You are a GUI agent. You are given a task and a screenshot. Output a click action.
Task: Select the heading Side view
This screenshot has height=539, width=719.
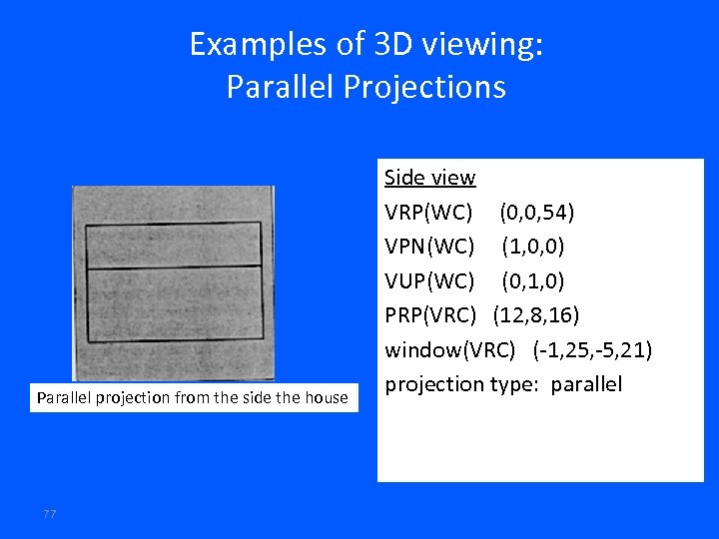point(429,178)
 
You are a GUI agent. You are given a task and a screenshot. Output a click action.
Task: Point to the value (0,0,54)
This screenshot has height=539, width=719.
point(537,213)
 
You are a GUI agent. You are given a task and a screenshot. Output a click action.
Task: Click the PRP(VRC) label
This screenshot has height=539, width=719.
point(432,315)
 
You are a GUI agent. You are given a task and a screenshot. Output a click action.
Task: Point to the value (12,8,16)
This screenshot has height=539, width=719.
point(536,315)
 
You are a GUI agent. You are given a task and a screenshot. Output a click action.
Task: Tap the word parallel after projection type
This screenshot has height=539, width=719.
point(586,384)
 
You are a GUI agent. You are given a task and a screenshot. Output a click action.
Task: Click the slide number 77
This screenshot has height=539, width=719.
point(49,513)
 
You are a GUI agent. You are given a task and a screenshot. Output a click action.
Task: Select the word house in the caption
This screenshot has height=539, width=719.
point(327,398)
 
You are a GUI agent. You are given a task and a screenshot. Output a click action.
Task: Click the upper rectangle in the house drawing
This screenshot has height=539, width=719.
point(174,246)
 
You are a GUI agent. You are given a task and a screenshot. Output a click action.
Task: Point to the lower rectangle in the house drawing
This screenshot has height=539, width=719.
point(174,302)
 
